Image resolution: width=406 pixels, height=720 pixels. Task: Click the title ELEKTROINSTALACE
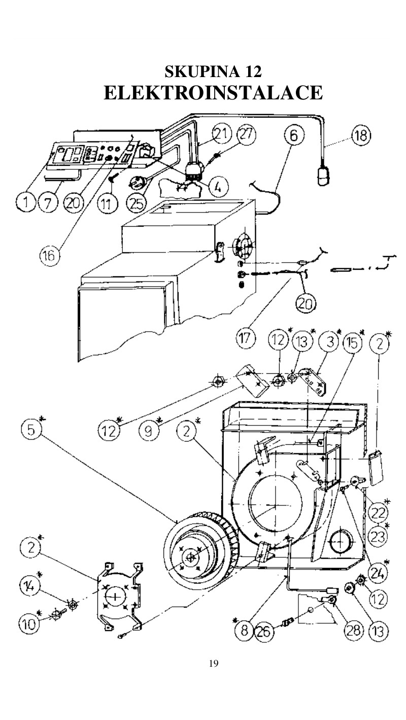[213, 93]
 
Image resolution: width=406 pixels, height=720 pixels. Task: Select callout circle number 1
[25, 202]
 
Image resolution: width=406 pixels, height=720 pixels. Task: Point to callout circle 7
[48, 202]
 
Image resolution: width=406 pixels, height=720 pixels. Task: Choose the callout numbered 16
[50, 256]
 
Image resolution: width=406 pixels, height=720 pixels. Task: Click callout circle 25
[137, 203]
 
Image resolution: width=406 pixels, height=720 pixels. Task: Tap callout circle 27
[247, 134]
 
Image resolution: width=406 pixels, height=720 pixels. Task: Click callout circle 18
[361, 136]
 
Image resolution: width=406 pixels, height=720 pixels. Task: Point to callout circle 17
[246, 339]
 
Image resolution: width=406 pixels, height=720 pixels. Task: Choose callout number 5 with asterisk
[31, 429]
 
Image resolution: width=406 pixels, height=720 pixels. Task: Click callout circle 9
[149, 430]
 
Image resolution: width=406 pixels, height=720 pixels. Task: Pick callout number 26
[265, 632]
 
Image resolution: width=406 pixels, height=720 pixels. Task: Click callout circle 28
[353, 629]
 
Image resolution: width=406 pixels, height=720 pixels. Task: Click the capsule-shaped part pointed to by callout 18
[323, 176]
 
